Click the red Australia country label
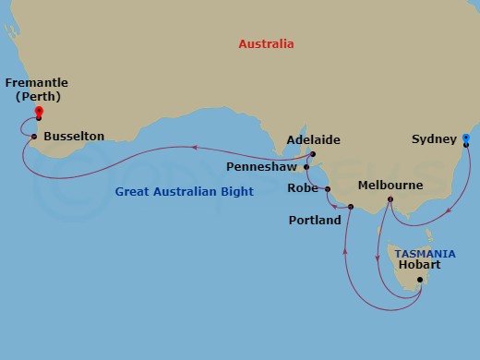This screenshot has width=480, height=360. [266, 43]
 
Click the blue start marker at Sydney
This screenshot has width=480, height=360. [466, 138]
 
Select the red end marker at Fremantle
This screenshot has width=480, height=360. [39, 113]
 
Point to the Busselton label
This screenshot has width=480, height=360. [75, 137]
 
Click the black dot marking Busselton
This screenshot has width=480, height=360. [34, 138]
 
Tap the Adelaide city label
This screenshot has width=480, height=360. [313, 140]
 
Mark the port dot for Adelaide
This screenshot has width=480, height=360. [313, 154]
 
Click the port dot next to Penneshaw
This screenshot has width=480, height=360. [306, 168]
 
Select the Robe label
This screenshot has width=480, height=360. [303, 188]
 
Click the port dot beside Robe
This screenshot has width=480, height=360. [327, 188]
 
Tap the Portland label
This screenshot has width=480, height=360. [314, 220]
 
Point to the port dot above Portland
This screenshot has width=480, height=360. [351, 206]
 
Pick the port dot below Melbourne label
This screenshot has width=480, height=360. [390, 199]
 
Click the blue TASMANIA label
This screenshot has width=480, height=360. [424, 253]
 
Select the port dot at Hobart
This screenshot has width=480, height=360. [420, 280]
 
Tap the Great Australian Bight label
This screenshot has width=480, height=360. [184, 192]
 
